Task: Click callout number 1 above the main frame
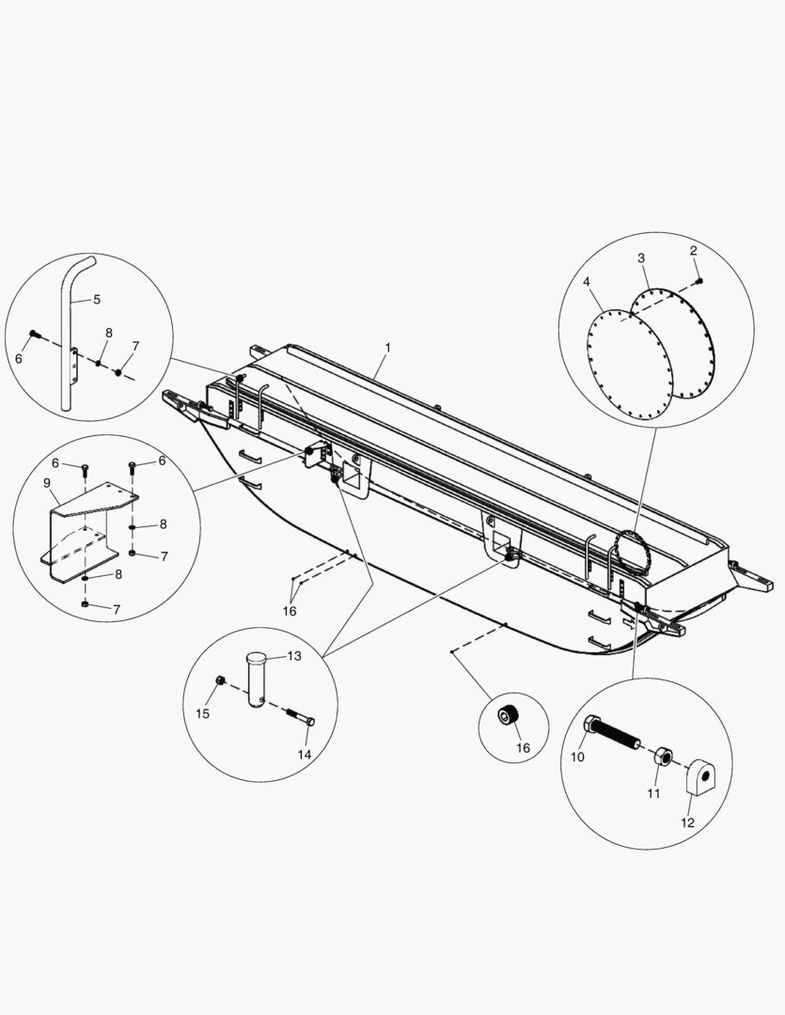386,348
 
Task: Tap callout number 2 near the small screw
693,251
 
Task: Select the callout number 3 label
641,258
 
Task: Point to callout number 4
586,281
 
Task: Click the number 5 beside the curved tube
96,299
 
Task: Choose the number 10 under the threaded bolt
578,757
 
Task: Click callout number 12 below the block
687,822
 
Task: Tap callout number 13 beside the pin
294,656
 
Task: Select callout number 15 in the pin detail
202,713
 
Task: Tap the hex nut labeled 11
662,757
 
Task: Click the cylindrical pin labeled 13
257,677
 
